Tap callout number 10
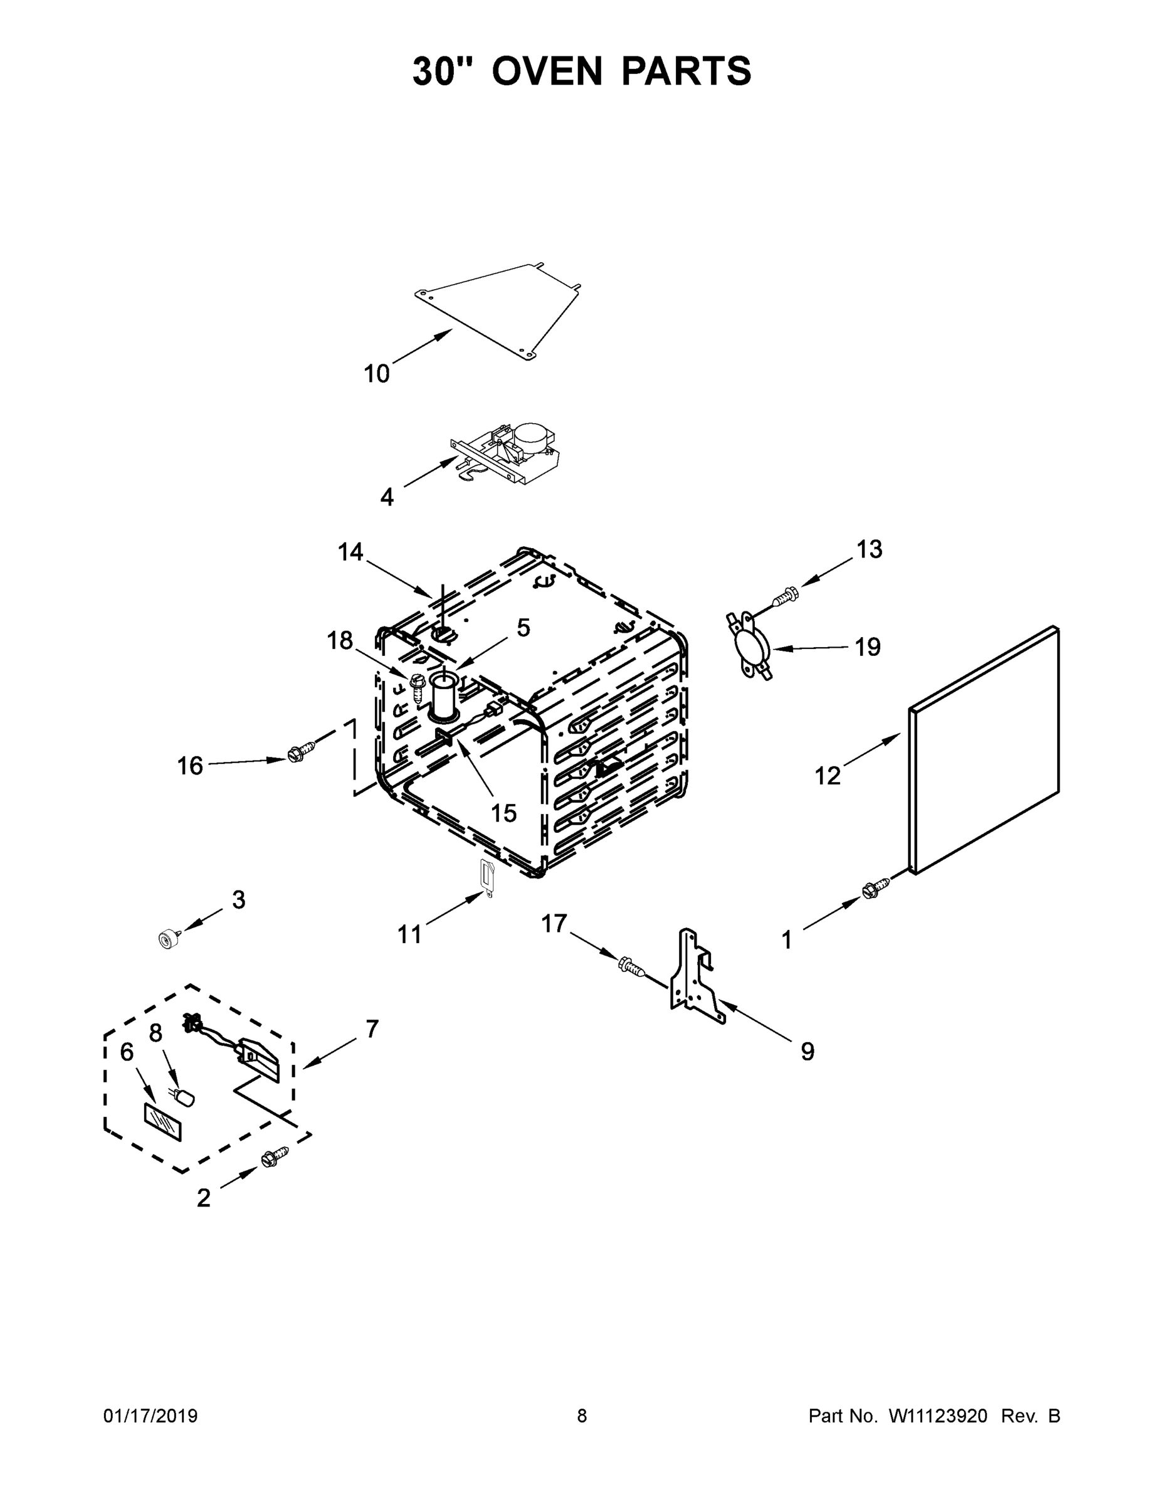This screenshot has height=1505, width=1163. (376, 374)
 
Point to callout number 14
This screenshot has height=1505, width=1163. (350, 551)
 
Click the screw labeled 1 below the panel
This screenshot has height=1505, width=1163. (871, 892)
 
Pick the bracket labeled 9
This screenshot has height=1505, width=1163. (697, 978)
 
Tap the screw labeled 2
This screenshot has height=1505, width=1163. (273, 1157)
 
